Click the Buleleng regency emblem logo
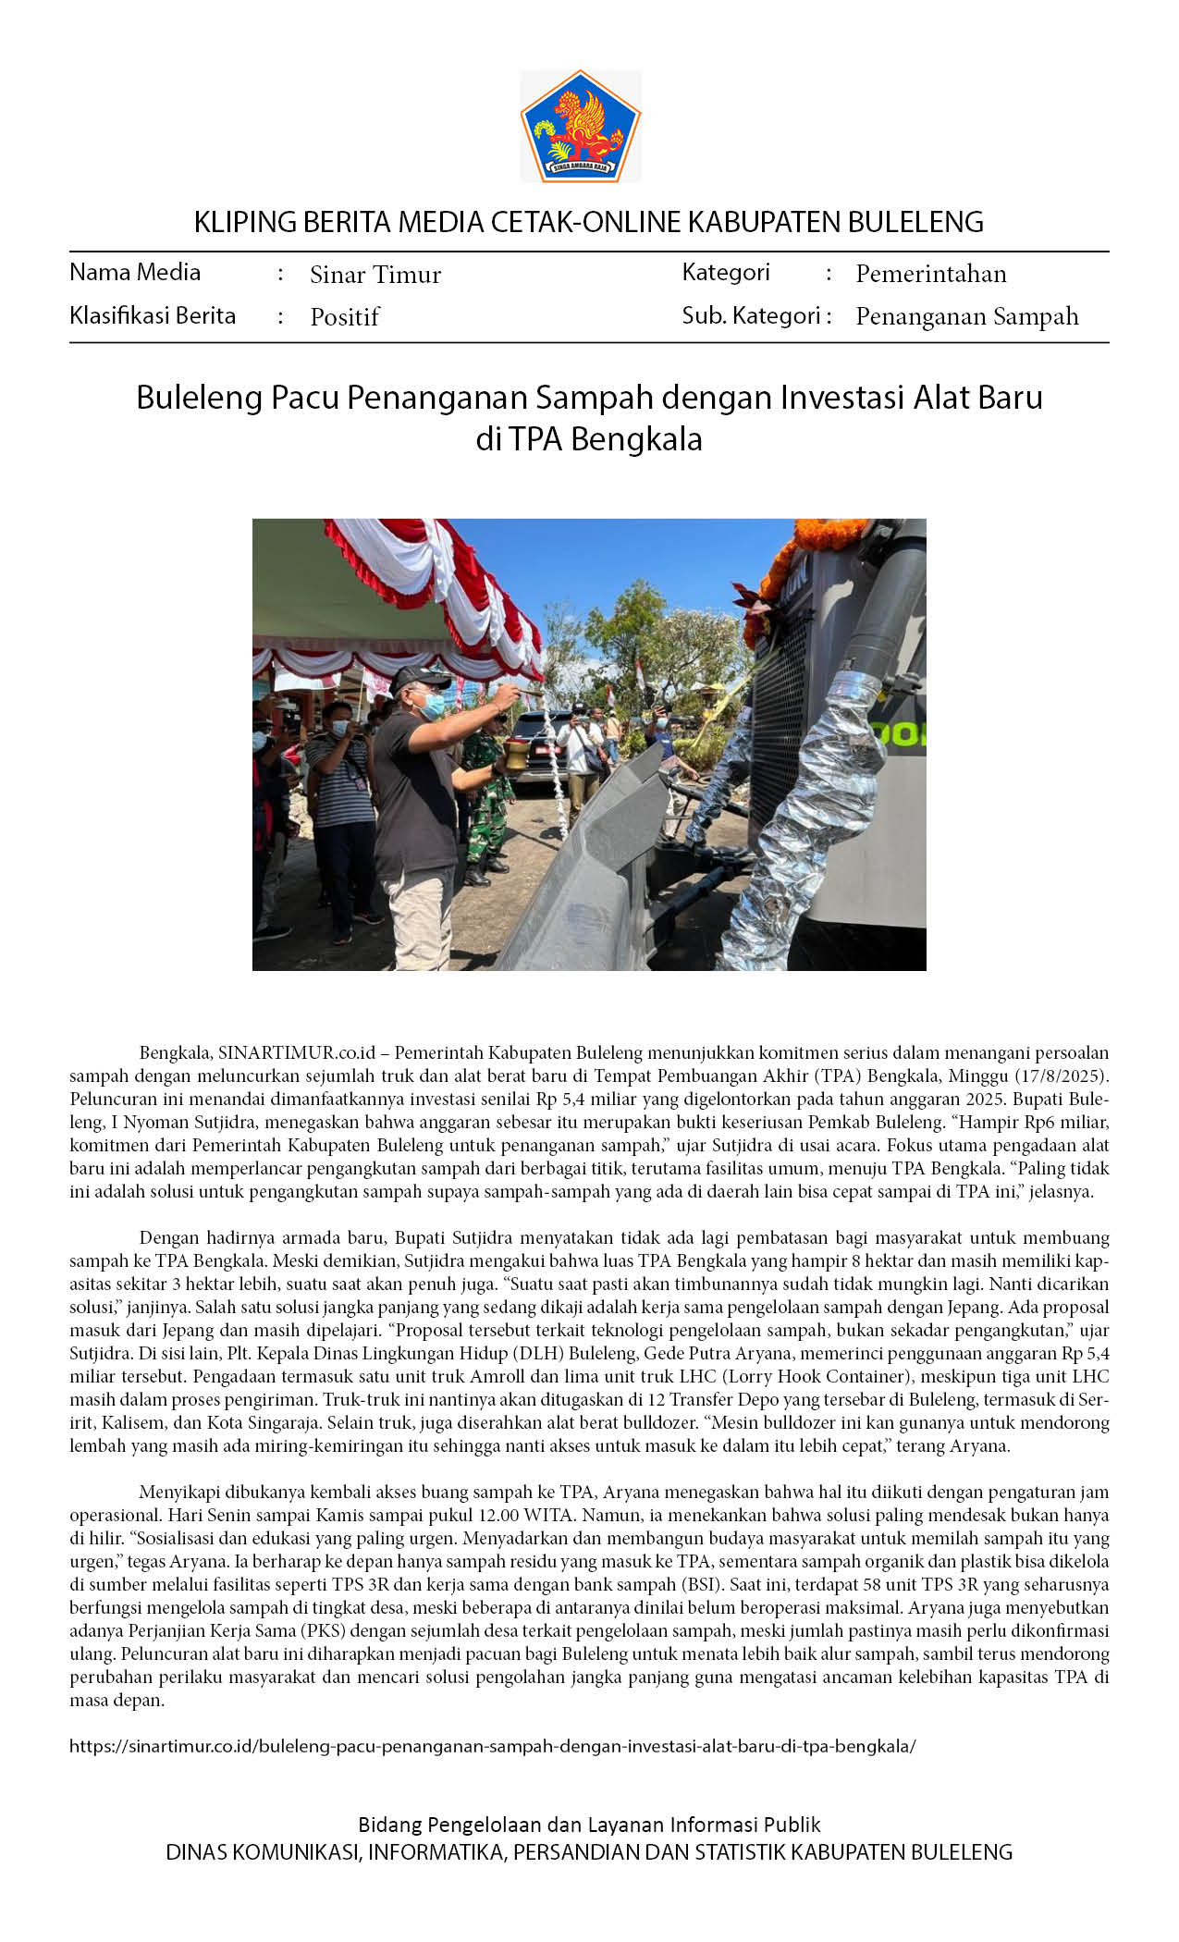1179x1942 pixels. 581,126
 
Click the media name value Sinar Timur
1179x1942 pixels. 375,275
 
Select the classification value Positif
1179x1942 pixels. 345,317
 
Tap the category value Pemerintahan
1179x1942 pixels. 930,274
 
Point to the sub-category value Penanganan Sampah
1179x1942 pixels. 966,316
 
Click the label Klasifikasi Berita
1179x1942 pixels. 153,316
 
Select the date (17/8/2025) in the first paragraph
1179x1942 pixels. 1058,1075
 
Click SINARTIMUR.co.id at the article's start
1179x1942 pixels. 297,1052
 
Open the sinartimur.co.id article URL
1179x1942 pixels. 493,1746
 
